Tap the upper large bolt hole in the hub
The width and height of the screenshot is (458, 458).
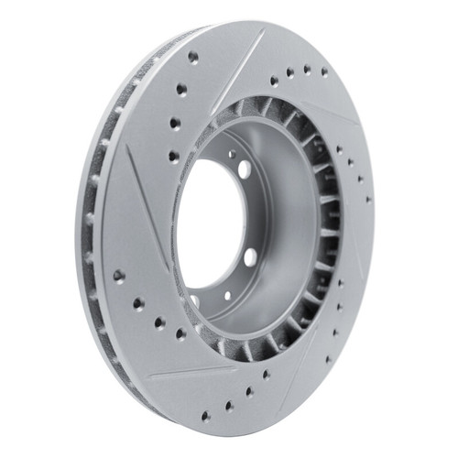click(x=245, y=169)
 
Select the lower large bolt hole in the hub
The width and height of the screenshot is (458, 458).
click(x=249, y=257)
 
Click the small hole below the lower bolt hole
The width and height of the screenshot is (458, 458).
click(x=228, y=295)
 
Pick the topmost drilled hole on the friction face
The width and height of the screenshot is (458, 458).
click(x=193, y=57)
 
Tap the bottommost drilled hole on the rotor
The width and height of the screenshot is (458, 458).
click(x=202, y=416)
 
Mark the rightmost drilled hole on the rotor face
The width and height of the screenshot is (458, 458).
click(x=368, y=199)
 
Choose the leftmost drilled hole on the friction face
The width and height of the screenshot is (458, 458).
click(x=118, y=275)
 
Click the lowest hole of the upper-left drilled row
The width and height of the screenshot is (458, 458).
click(x=174, y=157)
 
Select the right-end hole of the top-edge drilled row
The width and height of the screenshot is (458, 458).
click(x=324, y=71)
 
